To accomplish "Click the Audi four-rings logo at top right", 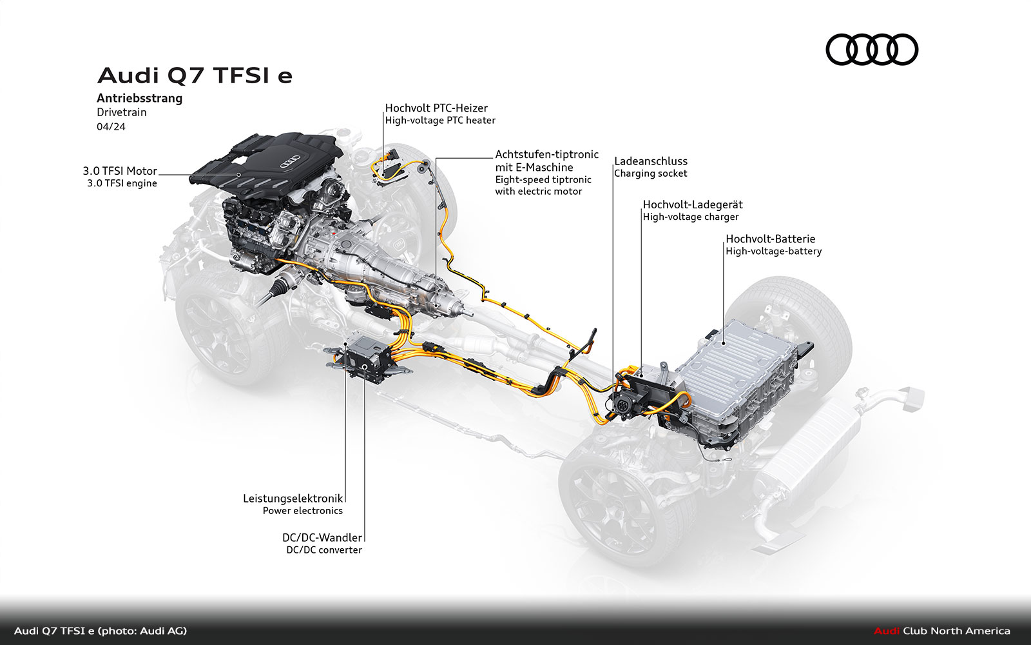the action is (872, 49).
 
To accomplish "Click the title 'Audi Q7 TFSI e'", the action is (195, 75).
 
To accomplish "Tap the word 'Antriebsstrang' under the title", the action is (139, 98).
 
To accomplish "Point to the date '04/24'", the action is (111, 126).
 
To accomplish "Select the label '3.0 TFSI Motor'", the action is (120, 171).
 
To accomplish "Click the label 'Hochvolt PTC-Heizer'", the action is (436, 108).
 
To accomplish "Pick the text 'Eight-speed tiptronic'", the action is (543, 180).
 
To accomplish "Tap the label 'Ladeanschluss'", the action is (651, 161).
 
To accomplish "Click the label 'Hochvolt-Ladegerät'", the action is (693, 204).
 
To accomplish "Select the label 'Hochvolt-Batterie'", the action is (771, 239).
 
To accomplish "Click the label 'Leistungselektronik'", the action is (293, 498).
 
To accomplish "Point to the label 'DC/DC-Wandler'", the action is (322, 538).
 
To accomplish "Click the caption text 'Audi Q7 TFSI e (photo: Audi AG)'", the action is (101, 631).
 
